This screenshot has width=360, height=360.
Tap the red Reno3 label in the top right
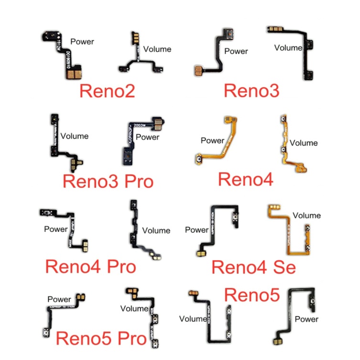(x=251, y=89)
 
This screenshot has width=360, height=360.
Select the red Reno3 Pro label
(x=108, y=182)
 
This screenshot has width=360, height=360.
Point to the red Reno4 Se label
(x=253, y=267)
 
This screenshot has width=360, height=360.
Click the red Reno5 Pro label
(x=101, y=339)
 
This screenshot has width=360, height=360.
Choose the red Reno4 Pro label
(x=90, y=266)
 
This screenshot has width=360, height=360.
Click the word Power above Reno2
(x=82, y=42)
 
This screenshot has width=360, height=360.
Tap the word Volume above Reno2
(x=157, y=49)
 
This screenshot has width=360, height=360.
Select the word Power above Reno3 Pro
(x=148, y=138)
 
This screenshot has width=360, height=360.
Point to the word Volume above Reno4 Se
(x=306, y=216)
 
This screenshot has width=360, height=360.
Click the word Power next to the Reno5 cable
(x=306, y=319)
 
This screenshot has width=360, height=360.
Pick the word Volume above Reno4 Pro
(x=156, y=230)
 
